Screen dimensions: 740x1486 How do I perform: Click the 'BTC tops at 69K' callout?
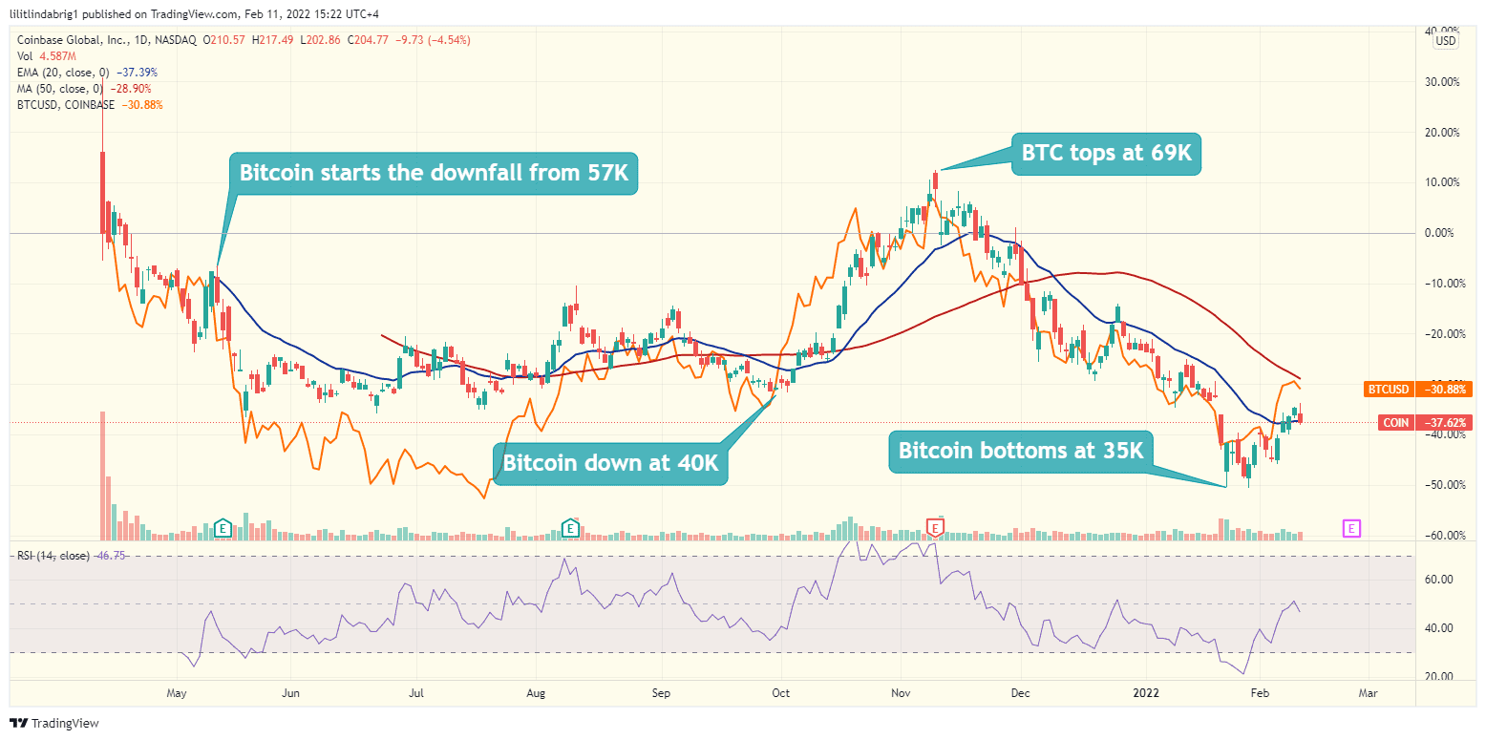1105,154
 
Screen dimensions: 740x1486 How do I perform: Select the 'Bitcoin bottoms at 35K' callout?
1020,450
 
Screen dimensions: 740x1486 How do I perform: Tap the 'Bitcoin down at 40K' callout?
610,465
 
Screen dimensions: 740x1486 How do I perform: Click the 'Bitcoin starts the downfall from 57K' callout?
433,173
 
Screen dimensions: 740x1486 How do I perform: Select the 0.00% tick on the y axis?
1439,233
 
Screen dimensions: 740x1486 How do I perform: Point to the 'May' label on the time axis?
176,691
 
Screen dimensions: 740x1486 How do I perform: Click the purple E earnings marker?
1351,527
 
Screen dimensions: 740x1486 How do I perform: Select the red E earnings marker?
936,527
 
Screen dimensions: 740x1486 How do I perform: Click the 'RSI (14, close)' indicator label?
52,556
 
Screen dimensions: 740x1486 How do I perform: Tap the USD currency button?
1446,40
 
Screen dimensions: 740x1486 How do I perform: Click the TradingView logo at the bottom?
54,723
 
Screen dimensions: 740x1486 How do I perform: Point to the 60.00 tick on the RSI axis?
1441,580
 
